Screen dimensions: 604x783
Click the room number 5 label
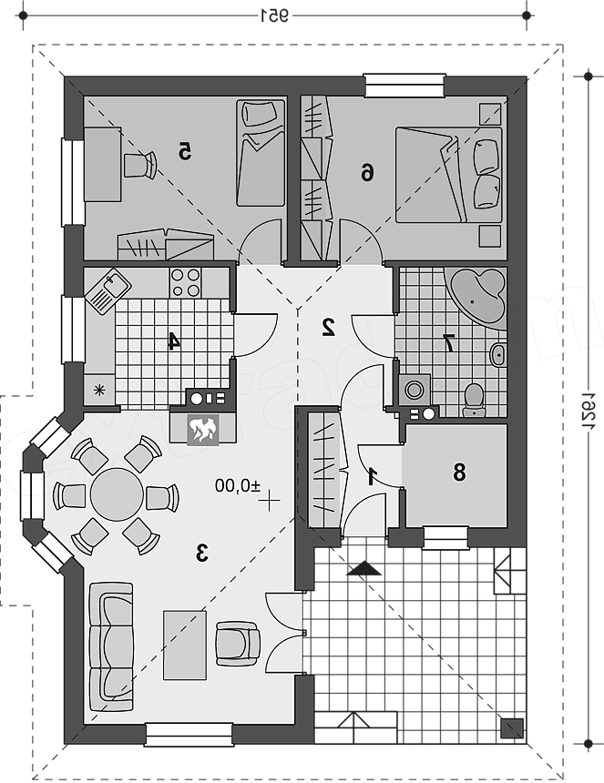185,151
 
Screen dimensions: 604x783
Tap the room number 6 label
367,173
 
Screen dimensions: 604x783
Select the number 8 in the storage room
459,472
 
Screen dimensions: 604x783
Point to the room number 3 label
201,554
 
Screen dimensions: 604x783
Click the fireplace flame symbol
202,430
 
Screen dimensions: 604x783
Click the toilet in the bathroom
474,401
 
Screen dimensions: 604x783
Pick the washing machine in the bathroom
415,390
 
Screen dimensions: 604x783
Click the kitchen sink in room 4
108,290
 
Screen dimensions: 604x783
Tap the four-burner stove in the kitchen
185,282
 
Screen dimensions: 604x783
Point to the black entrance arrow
364,569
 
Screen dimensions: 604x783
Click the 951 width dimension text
275,16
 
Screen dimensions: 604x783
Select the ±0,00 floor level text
238,485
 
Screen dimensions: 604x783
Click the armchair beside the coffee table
238,644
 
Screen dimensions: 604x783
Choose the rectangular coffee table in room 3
185,645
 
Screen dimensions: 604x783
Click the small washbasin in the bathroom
498,355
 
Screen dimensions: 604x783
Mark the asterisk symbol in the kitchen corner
100,390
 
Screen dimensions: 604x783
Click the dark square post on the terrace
512,727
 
